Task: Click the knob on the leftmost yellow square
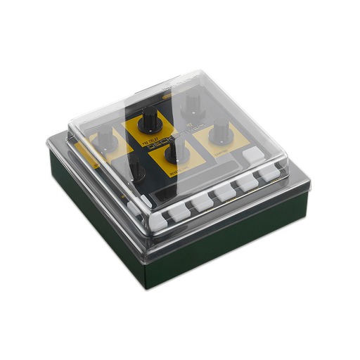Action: [x=105, y=136]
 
